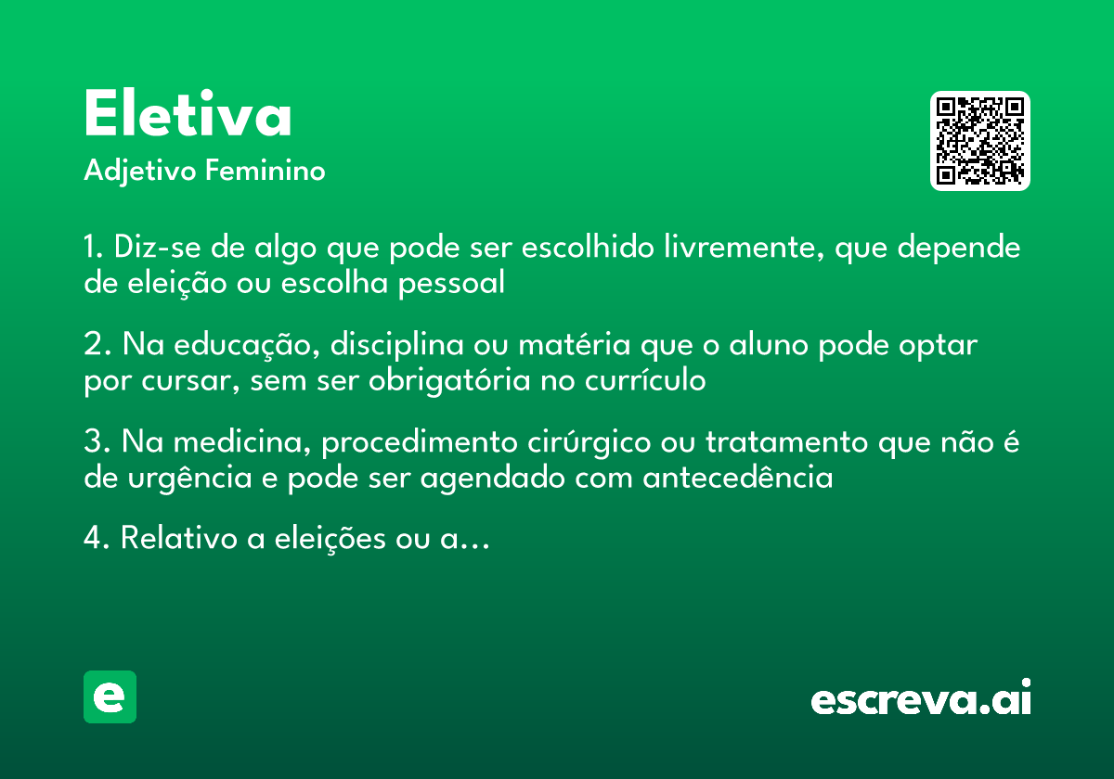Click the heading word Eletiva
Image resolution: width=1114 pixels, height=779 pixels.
tap(188, 116)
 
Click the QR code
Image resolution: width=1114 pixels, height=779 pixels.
tap(980, 141)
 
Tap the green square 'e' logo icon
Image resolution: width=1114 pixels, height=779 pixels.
tap(110, 696)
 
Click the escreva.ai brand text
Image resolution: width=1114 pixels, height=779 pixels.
tap(921, 699)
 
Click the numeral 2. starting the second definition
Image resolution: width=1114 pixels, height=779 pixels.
tap(98, 345)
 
